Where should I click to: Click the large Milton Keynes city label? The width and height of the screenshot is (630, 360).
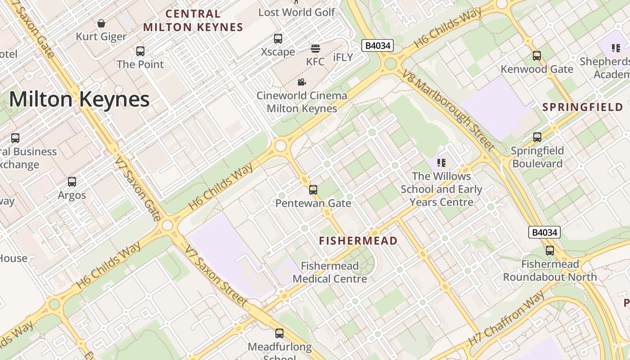(79, 99)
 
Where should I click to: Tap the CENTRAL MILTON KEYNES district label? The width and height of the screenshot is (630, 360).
(193, 21)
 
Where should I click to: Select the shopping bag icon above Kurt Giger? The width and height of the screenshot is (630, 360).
(102, 23)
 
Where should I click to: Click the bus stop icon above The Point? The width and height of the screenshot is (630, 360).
(140, 51)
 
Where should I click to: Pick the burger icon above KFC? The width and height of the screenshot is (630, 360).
(315, 49)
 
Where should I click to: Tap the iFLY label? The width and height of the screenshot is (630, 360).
(343, 57)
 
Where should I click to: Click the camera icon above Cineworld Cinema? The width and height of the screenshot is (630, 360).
(301, 82)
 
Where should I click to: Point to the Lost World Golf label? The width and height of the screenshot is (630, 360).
(297, 12)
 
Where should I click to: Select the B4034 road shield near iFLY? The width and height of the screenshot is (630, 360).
(378, 45)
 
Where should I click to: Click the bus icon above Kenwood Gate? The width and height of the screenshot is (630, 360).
(537, 56)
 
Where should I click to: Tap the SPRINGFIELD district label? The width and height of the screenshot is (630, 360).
(583, 107)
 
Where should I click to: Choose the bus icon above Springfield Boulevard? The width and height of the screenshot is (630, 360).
(537, 137)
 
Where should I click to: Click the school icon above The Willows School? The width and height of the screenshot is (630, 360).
(441, 163)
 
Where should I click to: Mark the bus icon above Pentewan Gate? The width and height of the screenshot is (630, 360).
(313, 190)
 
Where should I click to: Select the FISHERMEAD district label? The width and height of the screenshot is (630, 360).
(358, 241)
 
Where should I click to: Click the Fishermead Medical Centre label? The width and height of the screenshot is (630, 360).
(330, 272)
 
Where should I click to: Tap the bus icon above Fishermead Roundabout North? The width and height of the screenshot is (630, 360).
(550, 251)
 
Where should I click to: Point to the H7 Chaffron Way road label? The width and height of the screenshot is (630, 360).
(506, 319)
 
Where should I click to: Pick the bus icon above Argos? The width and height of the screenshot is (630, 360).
(72, 182)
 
